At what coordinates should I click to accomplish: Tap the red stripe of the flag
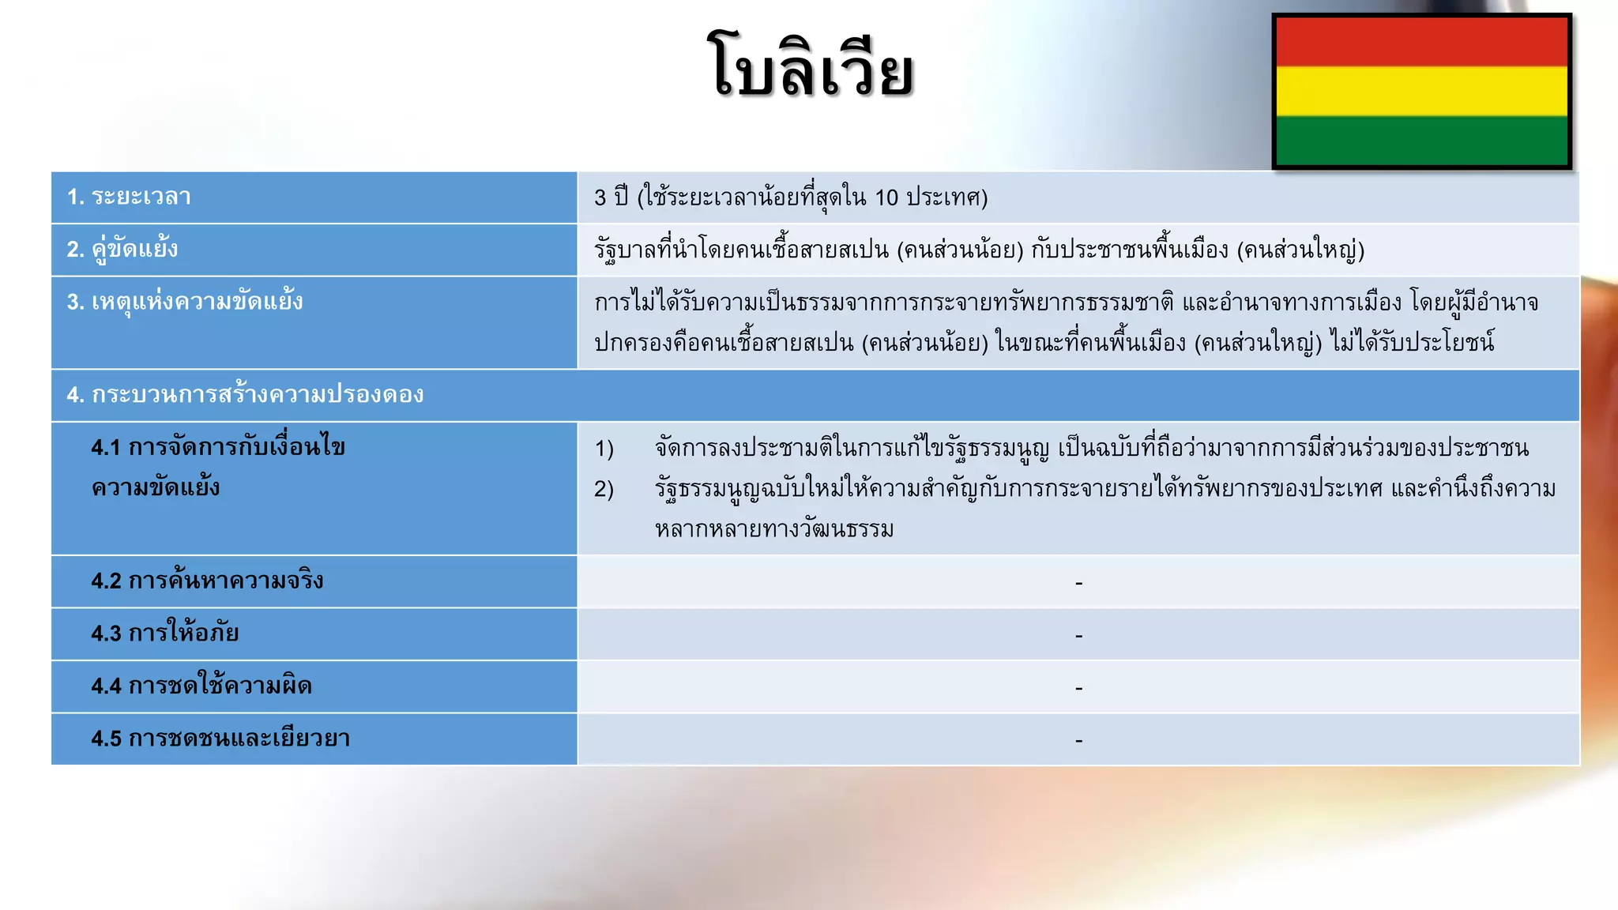coord(1421,42)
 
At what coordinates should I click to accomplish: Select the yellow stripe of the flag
coord(1421,92)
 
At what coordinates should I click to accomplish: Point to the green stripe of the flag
coord(1421,140)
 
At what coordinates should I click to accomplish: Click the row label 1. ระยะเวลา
coord(129,197)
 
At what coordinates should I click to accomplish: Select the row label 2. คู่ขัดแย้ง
coord(122,250)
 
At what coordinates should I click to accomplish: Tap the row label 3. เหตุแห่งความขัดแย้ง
coord(185,302)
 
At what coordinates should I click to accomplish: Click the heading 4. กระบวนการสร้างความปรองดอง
coord(245,394)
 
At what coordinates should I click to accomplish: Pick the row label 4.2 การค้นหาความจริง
coord(207,581)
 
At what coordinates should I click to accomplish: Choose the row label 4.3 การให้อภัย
coord(164,634)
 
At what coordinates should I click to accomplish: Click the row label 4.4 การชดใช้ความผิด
coord(201,686)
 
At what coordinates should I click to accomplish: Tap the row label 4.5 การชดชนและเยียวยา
coord(220,739)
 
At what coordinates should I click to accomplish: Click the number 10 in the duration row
coord(886,197)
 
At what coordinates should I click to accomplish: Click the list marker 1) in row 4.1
coord(604,449)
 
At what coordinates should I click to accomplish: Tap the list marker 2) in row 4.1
coord(604,490)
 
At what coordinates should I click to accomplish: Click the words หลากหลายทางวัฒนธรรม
coord(774,529)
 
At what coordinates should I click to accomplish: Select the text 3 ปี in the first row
coord(611,197)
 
